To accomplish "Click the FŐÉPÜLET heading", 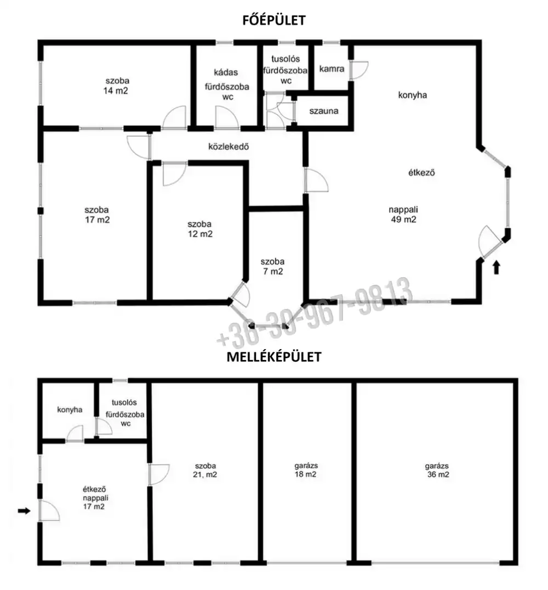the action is [x=274, y=20].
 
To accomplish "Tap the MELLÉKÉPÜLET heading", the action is [x=274, y=357].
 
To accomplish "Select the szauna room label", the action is [x=324, y=111].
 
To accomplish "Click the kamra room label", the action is [x=332, y=69].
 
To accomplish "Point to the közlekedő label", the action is [x=229, y=147].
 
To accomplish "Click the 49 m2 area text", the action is [x=404, y=220].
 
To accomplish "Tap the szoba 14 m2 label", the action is [x=116, y=86].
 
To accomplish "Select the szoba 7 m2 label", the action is [x=273, y=266].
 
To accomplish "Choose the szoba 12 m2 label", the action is [x=200, y=229].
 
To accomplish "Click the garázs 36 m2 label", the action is [x=437, y=470].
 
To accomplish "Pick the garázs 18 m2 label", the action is [x=306, y=470].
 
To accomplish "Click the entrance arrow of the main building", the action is [x=496, y=267].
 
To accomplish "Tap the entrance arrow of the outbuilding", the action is [x=25, y=510].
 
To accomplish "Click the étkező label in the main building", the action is [x=421, y=173].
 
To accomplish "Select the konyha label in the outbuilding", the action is [x=70, y=409].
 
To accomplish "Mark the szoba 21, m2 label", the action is [x=205, y=470].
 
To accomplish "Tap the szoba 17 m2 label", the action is [x=97, y=215].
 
